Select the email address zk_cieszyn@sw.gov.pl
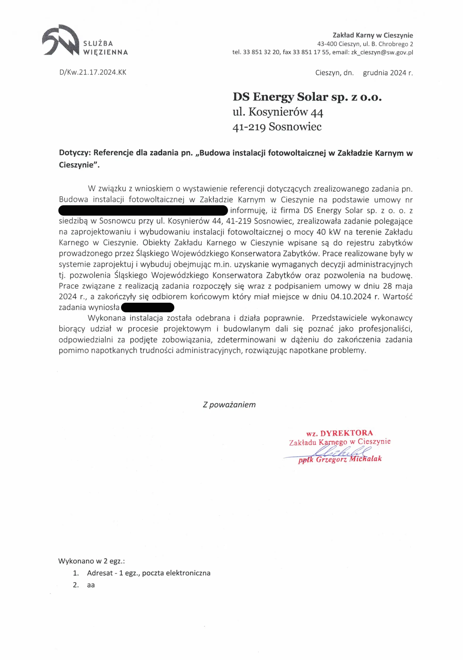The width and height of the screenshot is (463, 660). (x=382, y=52)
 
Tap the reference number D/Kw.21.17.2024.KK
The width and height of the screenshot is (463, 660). (x=93, y=72)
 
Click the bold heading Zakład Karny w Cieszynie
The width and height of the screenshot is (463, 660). (x=373, y=35)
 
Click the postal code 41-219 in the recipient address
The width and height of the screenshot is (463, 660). (x=249, y=127)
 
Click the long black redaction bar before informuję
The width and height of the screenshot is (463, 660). (x=143, y=211)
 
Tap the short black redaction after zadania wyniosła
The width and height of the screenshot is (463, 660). (x=148, y=307)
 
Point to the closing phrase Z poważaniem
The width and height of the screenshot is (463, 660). (x=229, y=405)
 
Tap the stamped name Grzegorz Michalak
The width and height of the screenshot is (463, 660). (x=349, y=459)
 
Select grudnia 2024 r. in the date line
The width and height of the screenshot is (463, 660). (x=388, y=73)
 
